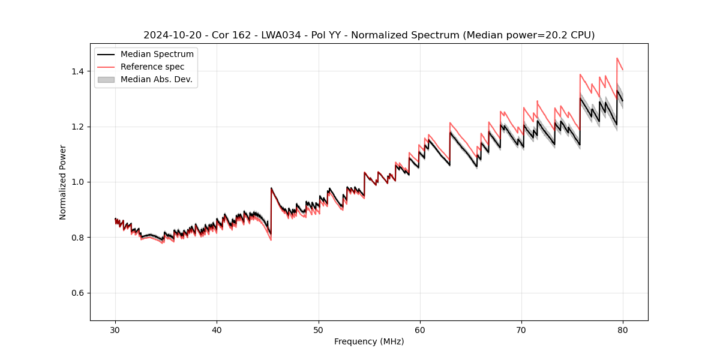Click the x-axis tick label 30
(x=115, y=329)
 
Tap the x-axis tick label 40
(x=217, y=329)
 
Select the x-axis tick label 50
(x=319, y=329)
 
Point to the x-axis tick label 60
(x=420, y=329)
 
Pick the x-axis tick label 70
(x=521, y=329)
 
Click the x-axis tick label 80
(x=623, y=329)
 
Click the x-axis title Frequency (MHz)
(x=369, y=341)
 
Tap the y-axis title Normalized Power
(x=63, y=182)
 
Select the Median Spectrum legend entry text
(x=157, y=55)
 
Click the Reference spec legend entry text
(x=152, y=67)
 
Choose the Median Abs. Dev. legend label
(x=156, y=79)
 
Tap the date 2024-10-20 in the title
(x=171, y=35)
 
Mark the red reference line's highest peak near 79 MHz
(x=617, y=58)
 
